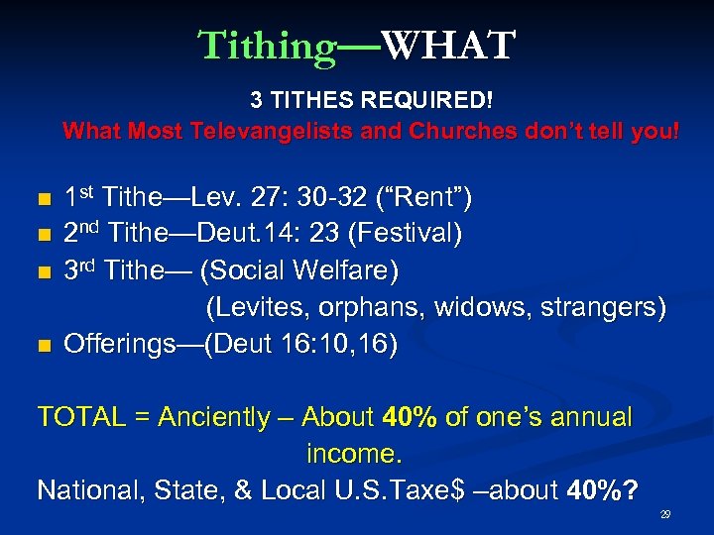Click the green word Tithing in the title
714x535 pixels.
coord(267,46)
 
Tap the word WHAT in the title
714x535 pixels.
coord(448,46)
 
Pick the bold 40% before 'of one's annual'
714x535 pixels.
coord(410,417)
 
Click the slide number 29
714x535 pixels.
coord(666,515)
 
